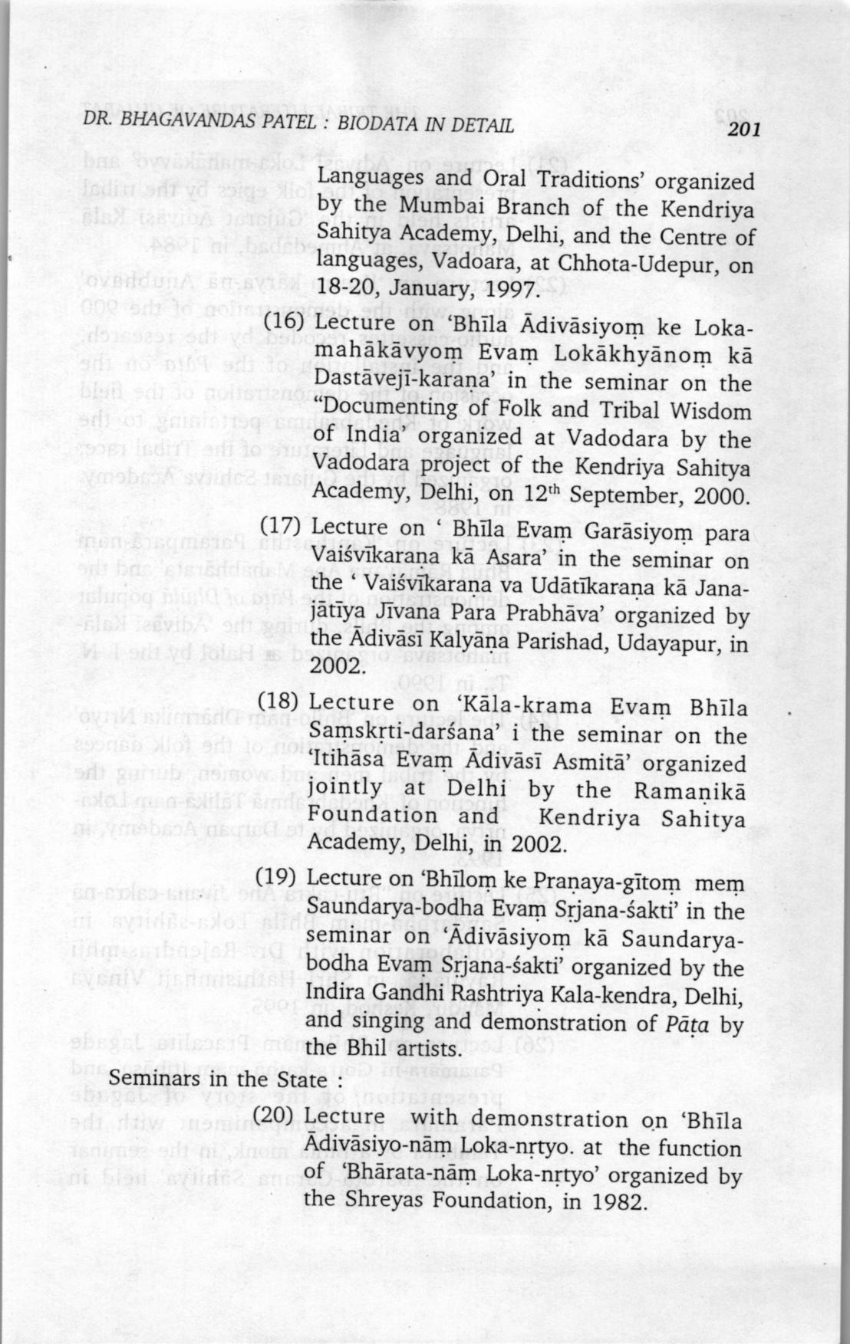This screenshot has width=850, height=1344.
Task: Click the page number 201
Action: pyautogui.click(x=743, y=130)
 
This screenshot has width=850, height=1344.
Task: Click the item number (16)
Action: pyautogui.click(x=285, y=323)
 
